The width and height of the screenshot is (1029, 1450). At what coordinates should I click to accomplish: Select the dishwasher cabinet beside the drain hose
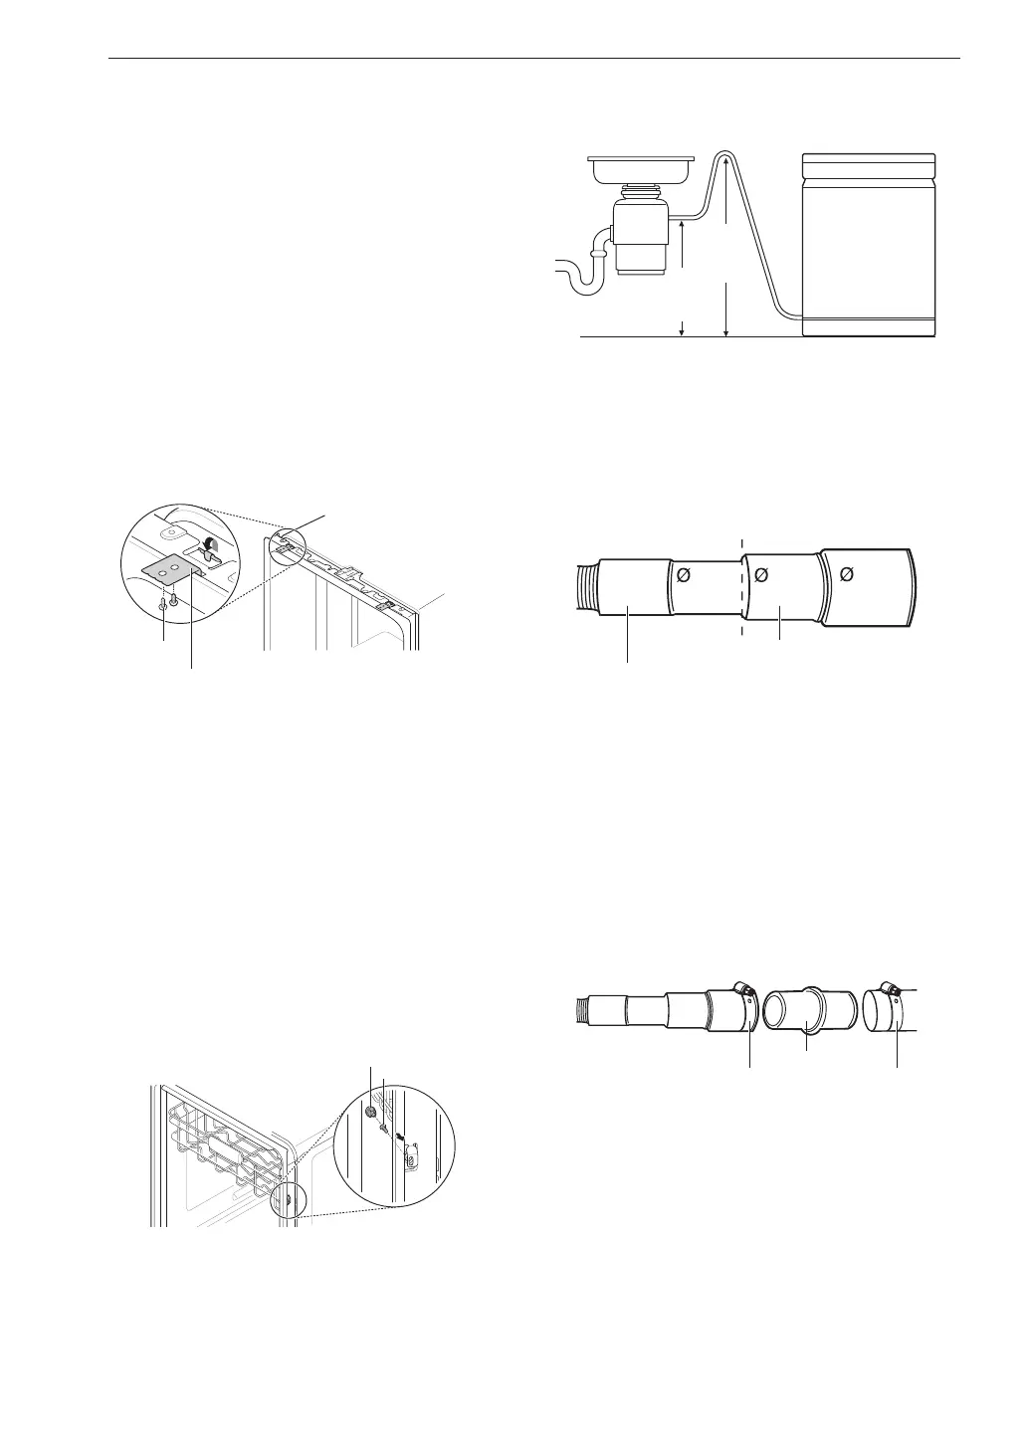(x=869, y=244)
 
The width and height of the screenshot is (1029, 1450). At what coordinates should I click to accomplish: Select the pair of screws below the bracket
(x=168, y=601)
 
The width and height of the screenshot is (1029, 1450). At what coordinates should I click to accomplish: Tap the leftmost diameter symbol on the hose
(x=684, y=574)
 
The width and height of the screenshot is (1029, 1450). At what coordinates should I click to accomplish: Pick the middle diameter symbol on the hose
(x=763, y=574)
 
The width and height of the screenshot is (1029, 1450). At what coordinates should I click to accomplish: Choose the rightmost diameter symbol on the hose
(x=847, y=574)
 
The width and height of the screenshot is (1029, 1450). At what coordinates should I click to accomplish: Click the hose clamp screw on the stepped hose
(x=740, y=988)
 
